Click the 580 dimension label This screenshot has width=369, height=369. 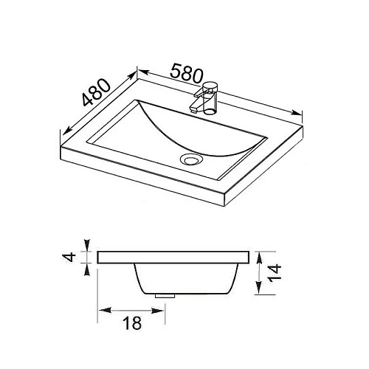pyautogui.click(x=187, y=73)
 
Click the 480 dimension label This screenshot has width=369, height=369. pyautogui.click(x=96, y=92)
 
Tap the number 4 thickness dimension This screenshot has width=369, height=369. pyautogui.click(x=71, y=257)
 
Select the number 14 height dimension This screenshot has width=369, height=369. pyautogui.click(x=275, y=273)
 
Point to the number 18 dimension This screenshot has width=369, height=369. pyautogui.click(x=132, y=323)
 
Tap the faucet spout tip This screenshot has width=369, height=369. pyautogui.click(x=193, y=109)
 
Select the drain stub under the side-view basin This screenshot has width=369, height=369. pyautogui.click(x=165, y=296)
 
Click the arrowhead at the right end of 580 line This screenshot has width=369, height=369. pyautogui.click(x=296, y=113)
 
